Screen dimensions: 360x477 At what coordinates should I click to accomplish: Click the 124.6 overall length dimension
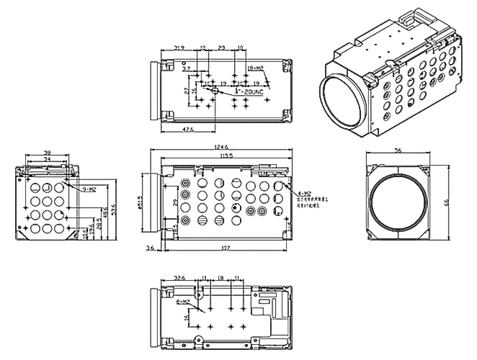point(221,148)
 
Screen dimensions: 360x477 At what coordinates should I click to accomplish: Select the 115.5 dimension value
point(225,156)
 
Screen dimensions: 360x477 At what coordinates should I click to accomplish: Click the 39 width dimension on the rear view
point(48,153)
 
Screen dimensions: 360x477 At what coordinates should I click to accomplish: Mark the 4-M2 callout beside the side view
point(303,194)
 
